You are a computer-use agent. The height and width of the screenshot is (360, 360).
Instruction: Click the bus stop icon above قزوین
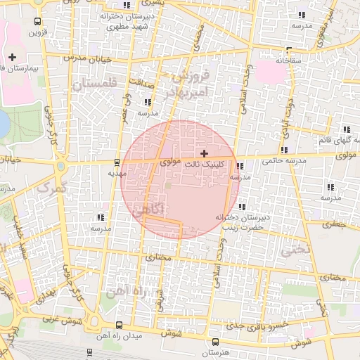(37, 20)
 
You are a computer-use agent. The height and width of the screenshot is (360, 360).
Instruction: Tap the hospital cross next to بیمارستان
(12, 56)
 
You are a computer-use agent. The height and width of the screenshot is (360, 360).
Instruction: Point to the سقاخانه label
(288, 60)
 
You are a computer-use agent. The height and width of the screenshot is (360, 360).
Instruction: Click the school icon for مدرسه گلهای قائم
(347, 129)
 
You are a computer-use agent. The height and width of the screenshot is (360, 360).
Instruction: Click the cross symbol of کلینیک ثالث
(204, 153)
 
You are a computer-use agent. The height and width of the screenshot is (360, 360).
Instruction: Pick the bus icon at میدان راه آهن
(118, 326)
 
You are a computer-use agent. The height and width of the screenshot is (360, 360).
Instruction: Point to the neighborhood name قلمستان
(97, 85)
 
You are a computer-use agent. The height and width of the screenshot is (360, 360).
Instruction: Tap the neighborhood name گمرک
(49, 188)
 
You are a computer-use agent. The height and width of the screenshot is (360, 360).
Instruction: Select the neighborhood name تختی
(295, 249)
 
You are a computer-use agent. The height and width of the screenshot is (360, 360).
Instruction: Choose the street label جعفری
(335, 225)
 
